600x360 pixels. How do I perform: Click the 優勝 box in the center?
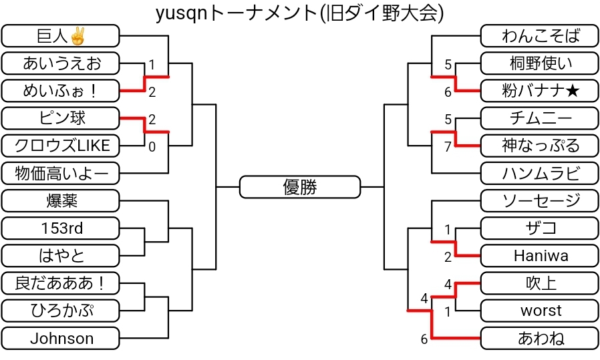pyautogui.click(x=299, y=187)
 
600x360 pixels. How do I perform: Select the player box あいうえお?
pyautogui.click(x=61, y=63)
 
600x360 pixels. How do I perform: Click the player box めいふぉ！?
pyautogui.click(x=61, y=90)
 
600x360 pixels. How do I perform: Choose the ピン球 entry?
pyautogui.click(x=61, y=118)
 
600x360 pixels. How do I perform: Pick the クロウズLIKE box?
pyautogui.click(x=61, y=146)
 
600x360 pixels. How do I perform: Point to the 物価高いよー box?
pyautogui.click(x=61, y=174)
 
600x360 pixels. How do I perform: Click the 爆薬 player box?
pyautogui.click(x=61, y=200)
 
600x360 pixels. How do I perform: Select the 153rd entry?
pyautogui.click(x=61, y=228)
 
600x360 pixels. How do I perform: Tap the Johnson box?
pyautogui.click(x=61, y=339)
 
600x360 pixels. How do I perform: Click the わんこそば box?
pyautogui.click(x=540, y=35)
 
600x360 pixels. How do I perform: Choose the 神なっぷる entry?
pyautogui.click(x=540, y=146)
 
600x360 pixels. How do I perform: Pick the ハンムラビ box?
pyautogui.click(x=540, y=174)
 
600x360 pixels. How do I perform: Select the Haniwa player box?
pyautogui.click(x=540, y=256)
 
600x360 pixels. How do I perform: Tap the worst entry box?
pyautogui.click(x=540, y=311)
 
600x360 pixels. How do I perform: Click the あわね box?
pyautogui.click(x=540, y=339)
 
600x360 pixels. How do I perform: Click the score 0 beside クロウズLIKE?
pyautogui.click(x=152, y=147)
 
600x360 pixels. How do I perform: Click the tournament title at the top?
pyautogui.click(x=299, y=13)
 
